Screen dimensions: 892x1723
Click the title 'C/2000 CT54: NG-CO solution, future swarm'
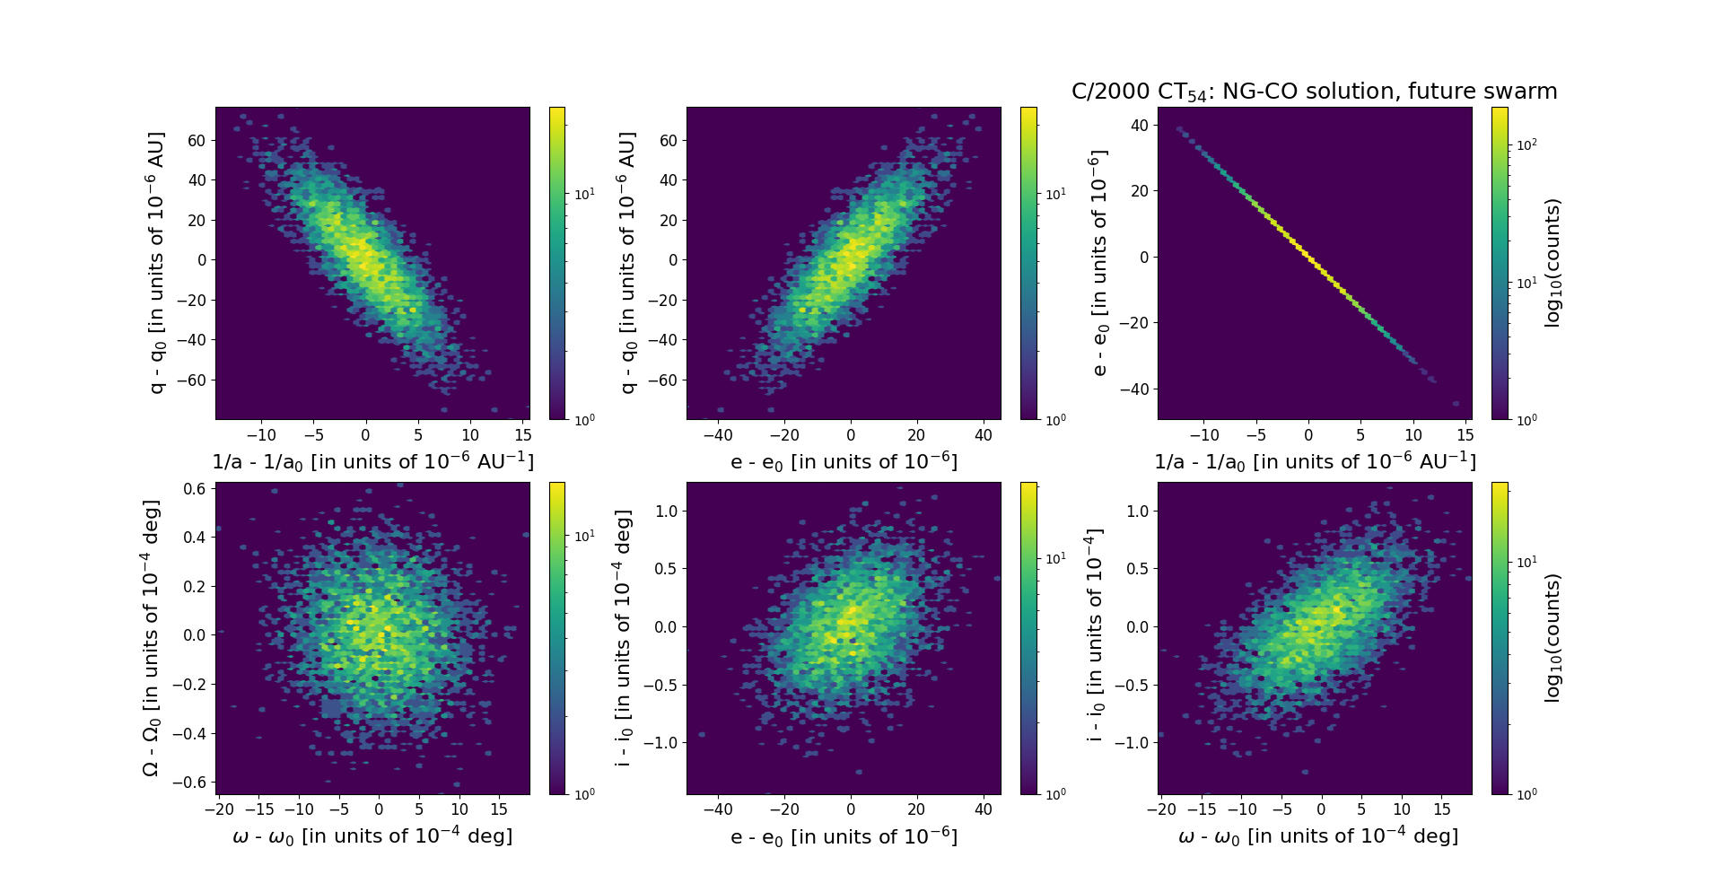pos(1314,92)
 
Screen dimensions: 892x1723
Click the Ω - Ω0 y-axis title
pos(151,638)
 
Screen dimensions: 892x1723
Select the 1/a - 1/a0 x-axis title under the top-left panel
pos(372,461)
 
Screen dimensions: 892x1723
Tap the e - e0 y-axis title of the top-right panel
pos(1098,263)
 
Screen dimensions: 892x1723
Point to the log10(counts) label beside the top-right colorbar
pos(1552,263)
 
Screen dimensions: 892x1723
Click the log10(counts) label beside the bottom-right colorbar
pos(1552,638)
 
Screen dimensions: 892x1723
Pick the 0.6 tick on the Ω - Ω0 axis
pos(196,489)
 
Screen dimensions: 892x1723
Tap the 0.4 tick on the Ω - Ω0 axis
pos(196,538)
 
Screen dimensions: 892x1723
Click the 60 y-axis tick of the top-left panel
pos(197,140)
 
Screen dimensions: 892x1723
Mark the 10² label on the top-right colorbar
pos(1526,144)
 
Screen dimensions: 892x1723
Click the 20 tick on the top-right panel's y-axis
pos(1139,191)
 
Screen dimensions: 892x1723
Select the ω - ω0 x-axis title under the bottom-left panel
pos(372,836)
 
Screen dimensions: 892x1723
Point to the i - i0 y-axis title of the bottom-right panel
pos(1094,638)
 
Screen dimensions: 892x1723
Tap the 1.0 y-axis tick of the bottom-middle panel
pos(665,512)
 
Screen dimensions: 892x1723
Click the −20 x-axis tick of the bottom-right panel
pos(1160,809)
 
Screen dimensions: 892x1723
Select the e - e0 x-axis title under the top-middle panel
pos(844,461)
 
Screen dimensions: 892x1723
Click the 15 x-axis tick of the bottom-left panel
pos(499,809)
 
